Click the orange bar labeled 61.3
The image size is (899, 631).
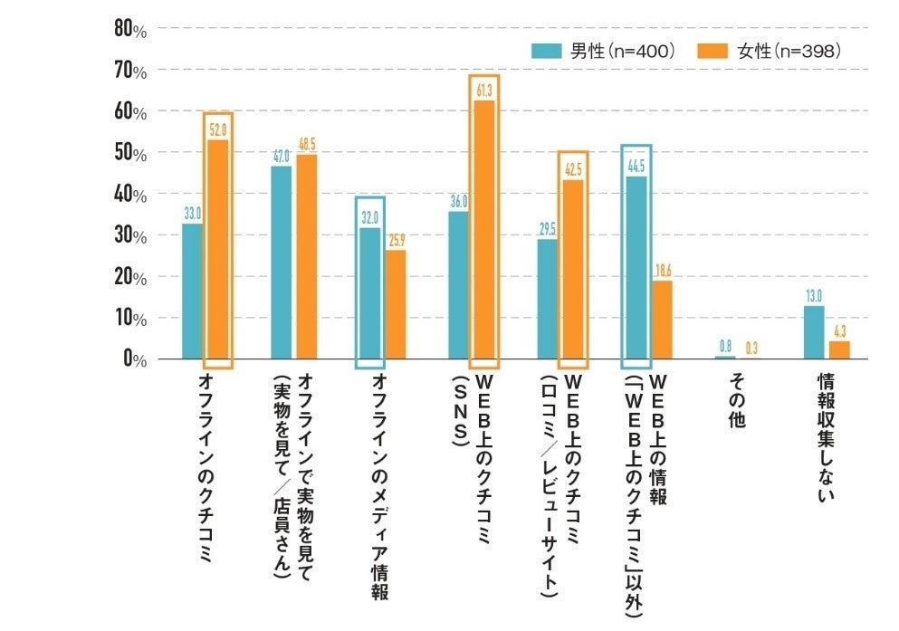pyautogui.click(x=484, y=230)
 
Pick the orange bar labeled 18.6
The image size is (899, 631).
pyautogui.click(x=662, y=320)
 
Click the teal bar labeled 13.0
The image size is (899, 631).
pyautogui.click(x=814, y=332)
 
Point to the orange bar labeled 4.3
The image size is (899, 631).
pyautogui.click(x=839, y=349)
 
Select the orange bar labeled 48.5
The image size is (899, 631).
pyautogui.click(x=307, y=257)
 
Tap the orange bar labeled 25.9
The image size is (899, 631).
pyautogui.click(x=396, y=304)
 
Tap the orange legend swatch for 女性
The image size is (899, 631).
pyautogui.click(x=716, y=52)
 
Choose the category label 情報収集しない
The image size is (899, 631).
pyautogui.click(x=826, y=435)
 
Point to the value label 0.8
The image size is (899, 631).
pyautogui.click(x=725, y=345)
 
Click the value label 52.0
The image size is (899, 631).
pyautogui.click(x=218, y=130)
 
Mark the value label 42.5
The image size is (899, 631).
pyautogui.click(x=573, y=169)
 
